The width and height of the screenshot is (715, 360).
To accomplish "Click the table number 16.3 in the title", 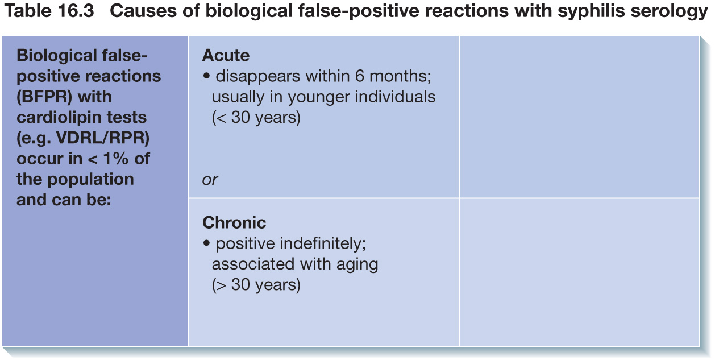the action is coord(76,11).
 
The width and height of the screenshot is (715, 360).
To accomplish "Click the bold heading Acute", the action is coord(226,55).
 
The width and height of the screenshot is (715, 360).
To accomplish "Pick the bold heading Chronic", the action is coord(234,222).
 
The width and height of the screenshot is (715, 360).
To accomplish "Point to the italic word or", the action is coord(210,180).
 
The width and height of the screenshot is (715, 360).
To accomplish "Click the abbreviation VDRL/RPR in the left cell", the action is coord(103,138).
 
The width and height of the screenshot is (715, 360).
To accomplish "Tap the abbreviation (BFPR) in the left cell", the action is coord(44,97).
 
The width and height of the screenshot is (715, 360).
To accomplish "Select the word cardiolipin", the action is coord(59,118).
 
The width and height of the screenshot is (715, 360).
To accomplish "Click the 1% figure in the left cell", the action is coord(115,159).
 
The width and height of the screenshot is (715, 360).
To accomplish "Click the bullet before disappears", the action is coord(206,76).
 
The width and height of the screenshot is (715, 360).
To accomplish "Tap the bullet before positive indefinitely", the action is coord(206,243).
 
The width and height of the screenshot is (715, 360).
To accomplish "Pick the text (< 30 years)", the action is coord(256,118).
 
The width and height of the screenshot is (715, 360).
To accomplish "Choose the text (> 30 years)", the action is coord(256,285).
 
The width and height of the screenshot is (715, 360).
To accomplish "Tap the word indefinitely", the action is coord(323,243).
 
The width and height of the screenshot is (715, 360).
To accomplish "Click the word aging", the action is coord(357,264).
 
